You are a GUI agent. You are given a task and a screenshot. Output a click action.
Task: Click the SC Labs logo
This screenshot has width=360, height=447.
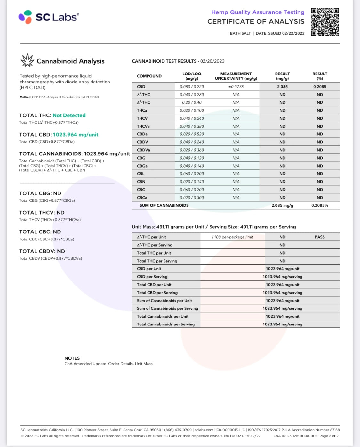click(49, 17)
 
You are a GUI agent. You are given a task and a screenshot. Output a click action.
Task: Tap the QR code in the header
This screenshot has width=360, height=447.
click(324, 22)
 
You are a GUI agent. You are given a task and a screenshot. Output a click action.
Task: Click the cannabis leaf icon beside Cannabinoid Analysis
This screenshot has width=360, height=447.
click(27, 60)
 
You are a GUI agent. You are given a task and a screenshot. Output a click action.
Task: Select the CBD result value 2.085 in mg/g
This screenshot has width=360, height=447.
click(282, 87)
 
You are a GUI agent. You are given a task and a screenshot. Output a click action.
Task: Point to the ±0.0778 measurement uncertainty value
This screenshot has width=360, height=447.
click(236, 87)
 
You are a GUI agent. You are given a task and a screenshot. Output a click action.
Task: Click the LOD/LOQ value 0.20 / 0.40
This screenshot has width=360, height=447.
click(192, 102)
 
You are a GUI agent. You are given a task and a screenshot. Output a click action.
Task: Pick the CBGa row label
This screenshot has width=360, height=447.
click(142, 166)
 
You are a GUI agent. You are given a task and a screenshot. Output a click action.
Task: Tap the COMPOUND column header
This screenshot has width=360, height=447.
click(149, 76)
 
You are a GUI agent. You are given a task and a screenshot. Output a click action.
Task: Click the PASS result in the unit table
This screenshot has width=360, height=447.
click(320, 237)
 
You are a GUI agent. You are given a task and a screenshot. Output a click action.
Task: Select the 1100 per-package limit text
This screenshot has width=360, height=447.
click(232, 237)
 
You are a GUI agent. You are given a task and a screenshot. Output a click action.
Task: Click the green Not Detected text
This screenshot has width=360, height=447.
click(69, 115)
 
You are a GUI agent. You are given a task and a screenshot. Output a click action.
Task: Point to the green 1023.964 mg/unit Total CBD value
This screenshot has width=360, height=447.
click(76, 135)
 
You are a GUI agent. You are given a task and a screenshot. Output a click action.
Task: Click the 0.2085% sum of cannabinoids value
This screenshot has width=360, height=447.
click(320, 205)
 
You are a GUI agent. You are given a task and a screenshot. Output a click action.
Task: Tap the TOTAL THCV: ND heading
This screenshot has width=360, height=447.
click(42, 213)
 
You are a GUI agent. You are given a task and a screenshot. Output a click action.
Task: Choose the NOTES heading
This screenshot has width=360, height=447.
click(72, 358)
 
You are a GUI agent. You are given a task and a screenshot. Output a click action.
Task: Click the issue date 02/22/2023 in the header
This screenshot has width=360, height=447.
click(293, 33)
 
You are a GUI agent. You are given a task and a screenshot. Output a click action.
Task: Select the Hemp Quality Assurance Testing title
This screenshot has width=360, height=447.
click(258, 12)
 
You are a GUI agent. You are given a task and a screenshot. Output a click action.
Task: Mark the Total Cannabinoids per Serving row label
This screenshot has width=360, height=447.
click(166, 324)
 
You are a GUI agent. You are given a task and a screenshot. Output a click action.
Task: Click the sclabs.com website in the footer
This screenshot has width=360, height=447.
click(204, 430)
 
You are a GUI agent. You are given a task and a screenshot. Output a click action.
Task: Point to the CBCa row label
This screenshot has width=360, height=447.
click(142, 198)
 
